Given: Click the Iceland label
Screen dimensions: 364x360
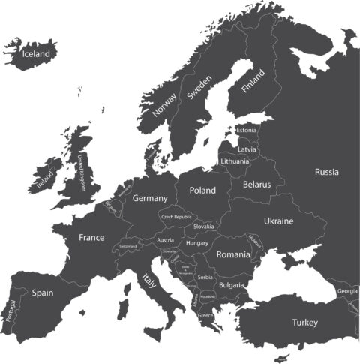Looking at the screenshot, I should (x=37, y=54).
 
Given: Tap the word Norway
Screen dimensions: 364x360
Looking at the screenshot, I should (x=165, y=102).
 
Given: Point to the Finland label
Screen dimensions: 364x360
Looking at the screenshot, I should (x=253, y=80).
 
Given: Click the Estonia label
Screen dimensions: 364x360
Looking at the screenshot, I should (x=246, y=131).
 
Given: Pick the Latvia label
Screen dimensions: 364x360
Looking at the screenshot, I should (x=247, y=149).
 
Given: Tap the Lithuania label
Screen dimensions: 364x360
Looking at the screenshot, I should (x=235, y=161).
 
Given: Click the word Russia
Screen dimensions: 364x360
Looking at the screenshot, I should (x=326, y=172).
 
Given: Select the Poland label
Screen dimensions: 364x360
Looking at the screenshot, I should (x=202, y=191).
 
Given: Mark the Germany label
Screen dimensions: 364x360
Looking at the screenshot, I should (x=149, y=199).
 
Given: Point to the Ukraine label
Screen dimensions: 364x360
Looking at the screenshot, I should (x=278, y=221).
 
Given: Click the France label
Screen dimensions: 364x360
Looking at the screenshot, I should (x=91, y=237).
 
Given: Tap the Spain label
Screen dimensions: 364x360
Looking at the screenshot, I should (x=42, y=293).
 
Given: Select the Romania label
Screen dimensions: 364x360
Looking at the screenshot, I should (x=233, y=255).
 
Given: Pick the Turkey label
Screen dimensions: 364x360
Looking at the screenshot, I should (x=305, y=323).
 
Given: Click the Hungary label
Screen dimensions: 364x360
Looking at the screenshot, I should (x=197, y=243).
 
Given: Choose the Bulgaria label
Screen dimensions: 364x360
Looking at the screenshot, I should (x=232, y=285).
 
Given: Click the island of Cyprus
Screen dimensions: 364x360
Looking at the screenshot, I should (x=283, y=357).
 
